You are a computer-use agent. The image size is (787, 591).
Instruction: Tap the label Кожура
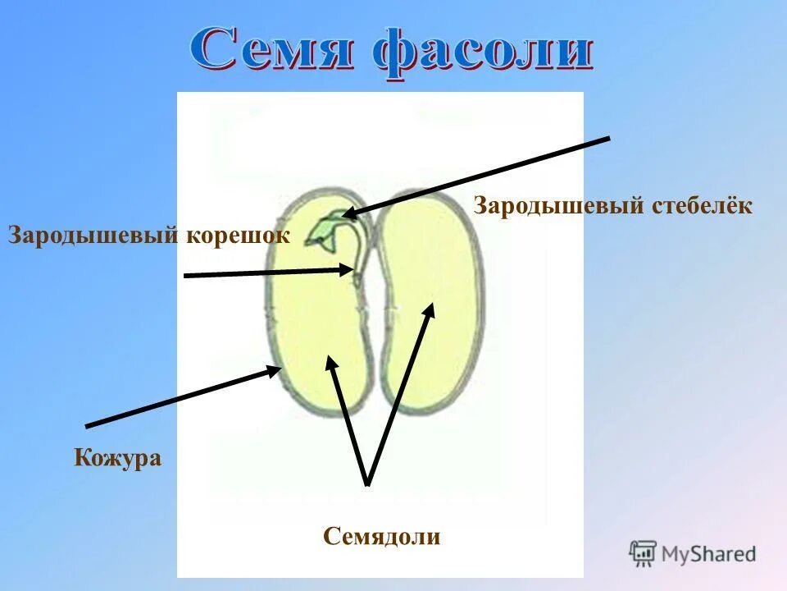click(118, 457)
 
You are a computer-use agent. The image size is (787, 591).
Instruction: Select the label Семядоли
click(382, 537)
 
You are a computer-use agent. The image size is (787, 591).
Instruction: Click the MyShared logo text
click(709, 554)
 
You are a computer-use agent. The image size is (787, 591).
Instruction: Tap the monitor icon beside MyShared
click(643, 553)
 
